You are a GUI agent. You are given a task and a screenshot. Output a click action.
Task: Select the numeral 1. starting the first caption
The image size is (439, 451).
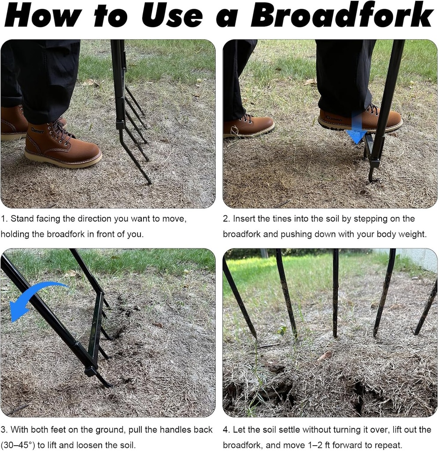(x=4, y=219)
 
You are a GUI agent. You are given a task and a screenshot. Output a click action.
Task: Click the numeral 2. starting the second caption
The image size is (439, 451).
(x=226, y=219)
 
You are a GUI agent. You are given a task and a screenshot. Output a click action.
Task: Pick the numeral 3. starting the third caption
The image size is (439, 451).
(x=4, y=429)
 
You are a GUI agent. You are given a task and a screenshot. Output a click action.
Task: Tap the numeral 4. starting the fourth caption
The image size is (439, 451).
(x=226, y=429)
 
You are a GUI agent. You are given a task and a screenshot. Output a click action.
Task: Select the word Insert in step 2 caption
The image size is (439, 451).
(x=244, y=219)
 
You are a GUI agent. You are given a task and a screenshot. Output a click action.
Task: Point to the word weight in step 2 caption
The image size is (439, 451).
(x=413, y=234)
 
